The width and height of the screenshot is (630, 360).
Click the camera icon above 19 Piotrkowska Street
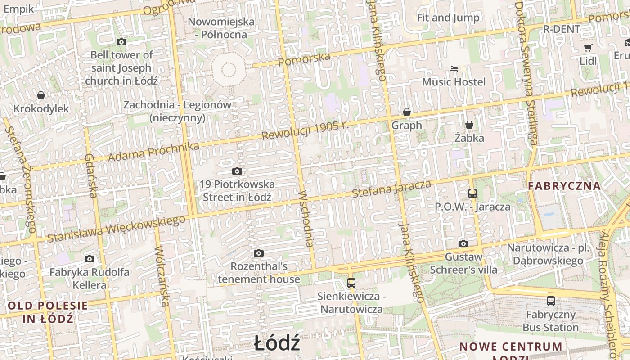237,171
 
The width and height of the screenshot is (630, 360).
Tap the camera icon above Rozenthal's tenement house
258,253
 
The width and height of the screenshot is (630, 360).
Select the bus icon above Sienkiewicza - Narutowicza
351,283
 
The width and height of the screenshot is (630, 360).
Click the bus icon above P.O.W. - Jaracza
472,193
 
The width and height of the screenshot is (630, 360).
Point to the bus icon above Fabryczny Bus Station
551,301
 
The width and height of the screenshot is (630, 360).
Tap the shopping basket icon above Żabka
469,124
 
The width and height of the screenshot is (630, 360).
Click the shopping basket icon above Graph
407,112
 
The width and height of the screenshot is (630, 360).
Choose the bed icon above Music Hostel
454,69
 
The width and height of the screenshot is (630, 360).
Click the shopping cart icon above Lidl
588,48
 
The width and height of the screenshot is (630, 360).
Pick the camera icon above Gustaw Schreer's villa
463,243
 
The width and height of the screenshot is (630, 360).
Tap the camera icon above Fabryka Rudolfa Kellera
90,259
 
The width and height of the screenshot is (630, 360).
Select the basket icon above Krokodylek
41,95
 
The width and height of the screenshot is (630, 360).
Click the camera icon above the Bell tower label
121,42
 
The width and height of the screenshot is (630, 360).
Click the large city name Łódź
277,343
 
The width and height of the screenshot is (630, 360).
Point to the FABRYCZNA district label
564,186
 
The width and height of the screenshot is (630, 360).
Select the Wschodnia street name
306,219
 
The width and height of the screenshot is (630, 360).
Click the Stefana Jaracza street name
391,189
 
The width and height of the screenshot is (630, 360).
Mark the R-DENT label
562,29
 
